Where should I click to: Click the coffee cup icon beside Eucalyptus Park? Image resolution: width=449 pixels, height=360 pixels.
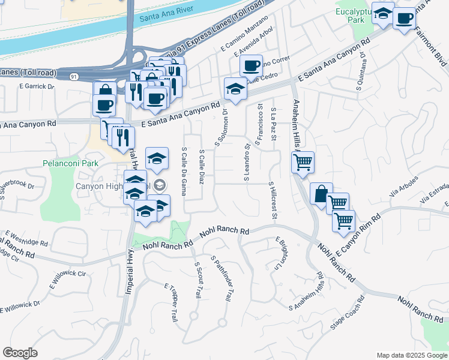[405, 17]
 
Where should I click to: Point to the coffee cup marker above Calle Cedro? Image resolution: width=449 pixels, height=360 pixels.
[251, 64]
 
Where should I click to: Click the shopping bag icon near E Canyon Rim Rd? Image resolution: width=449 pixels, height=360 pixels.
[321, 193]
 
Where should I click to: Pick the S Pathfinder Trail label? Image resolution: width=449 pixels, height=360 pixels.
[221, 278]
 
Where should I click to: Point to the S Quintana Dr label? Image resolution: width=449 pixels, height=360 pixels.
[363, 70]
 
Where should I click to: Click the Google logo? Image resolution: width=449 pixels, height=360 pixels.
[20, 353]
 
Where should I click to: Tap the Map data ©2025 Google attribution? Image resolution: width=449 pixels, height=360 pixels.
[411, 355]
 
